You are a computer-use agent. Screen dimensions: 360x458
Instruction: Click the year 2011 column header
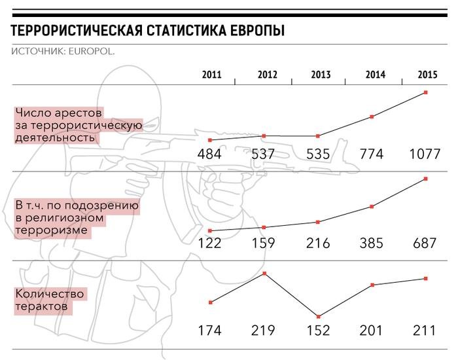tap(211, 75)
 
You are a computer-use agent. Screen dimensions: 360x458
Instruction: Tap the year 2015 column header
tap(427, 75)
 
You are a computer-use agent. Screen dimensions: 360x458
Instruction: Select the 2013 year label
tap(321, 75)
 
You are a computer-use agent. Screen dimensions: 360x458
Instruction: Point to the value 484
tap(209, 155)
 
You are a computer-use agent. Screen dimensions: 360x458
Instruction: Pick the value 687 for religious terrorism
tap(425, 243)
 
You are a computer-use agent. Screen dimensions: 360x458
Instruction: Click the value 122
tap(209, 243)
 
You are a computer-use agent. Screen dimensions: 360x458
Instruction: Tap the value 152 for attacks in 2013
tap(317, 331)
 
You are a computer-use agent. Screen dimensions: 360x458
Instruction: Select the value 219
tap(263, 331)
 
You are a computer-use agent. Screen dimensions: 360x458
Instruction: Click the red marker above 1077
tap(426, 92)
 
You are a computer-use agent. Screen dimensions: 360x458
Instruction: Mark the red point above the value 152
tap(318, 316)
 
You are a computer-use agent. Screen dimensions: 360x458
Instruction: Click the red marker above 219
tap(264, 273)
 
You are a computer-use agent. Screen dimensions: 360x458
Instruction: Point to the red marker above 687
tap(426, 179)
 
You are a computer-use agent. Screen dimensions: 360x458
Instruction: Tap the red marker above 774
tap(372, 117)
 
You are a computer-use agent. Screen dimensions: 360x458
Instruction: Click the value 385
tap(372, 243)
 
